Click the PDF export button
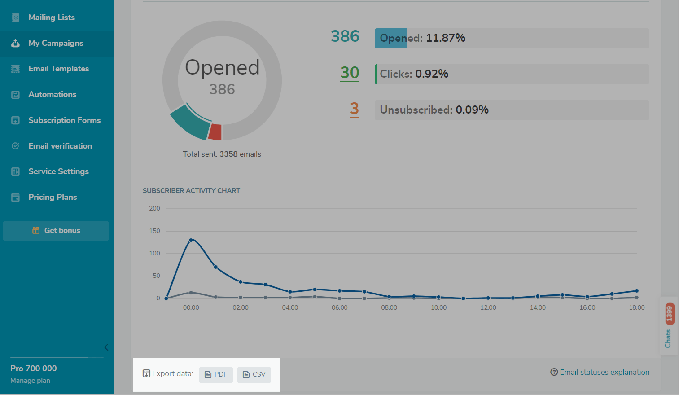[x=216, y=374]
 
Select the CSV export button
[x=254, y=374]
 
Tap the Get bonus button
[x=56, y=231]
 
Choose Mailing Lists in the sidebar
[x=51, y=18]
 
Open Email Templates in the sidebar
[x=58, y=69]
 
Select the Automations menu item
[x=52, y=94]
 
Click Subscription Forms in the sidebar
[x=64, y=120]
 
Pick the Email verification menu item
[x=60, y=146]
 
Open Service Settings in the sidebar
[x=58, y=171]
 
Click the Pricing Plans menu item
[x=53, y=197]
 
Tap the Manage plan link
[x=30, y=381]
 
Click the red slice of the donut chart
[x=215, y=132]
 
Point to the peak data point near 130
[x=191, y=240]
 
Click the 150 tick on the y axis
[x=154, y=231]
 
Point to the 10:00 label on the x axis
[x=438, y=307]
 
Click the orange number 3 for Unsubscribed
[x=355, y=109]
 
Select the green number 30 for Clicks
[x=350, y=73]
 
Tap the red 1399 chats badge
[x=669, y=314]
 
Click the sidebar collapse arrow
[x=106, y=347]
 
